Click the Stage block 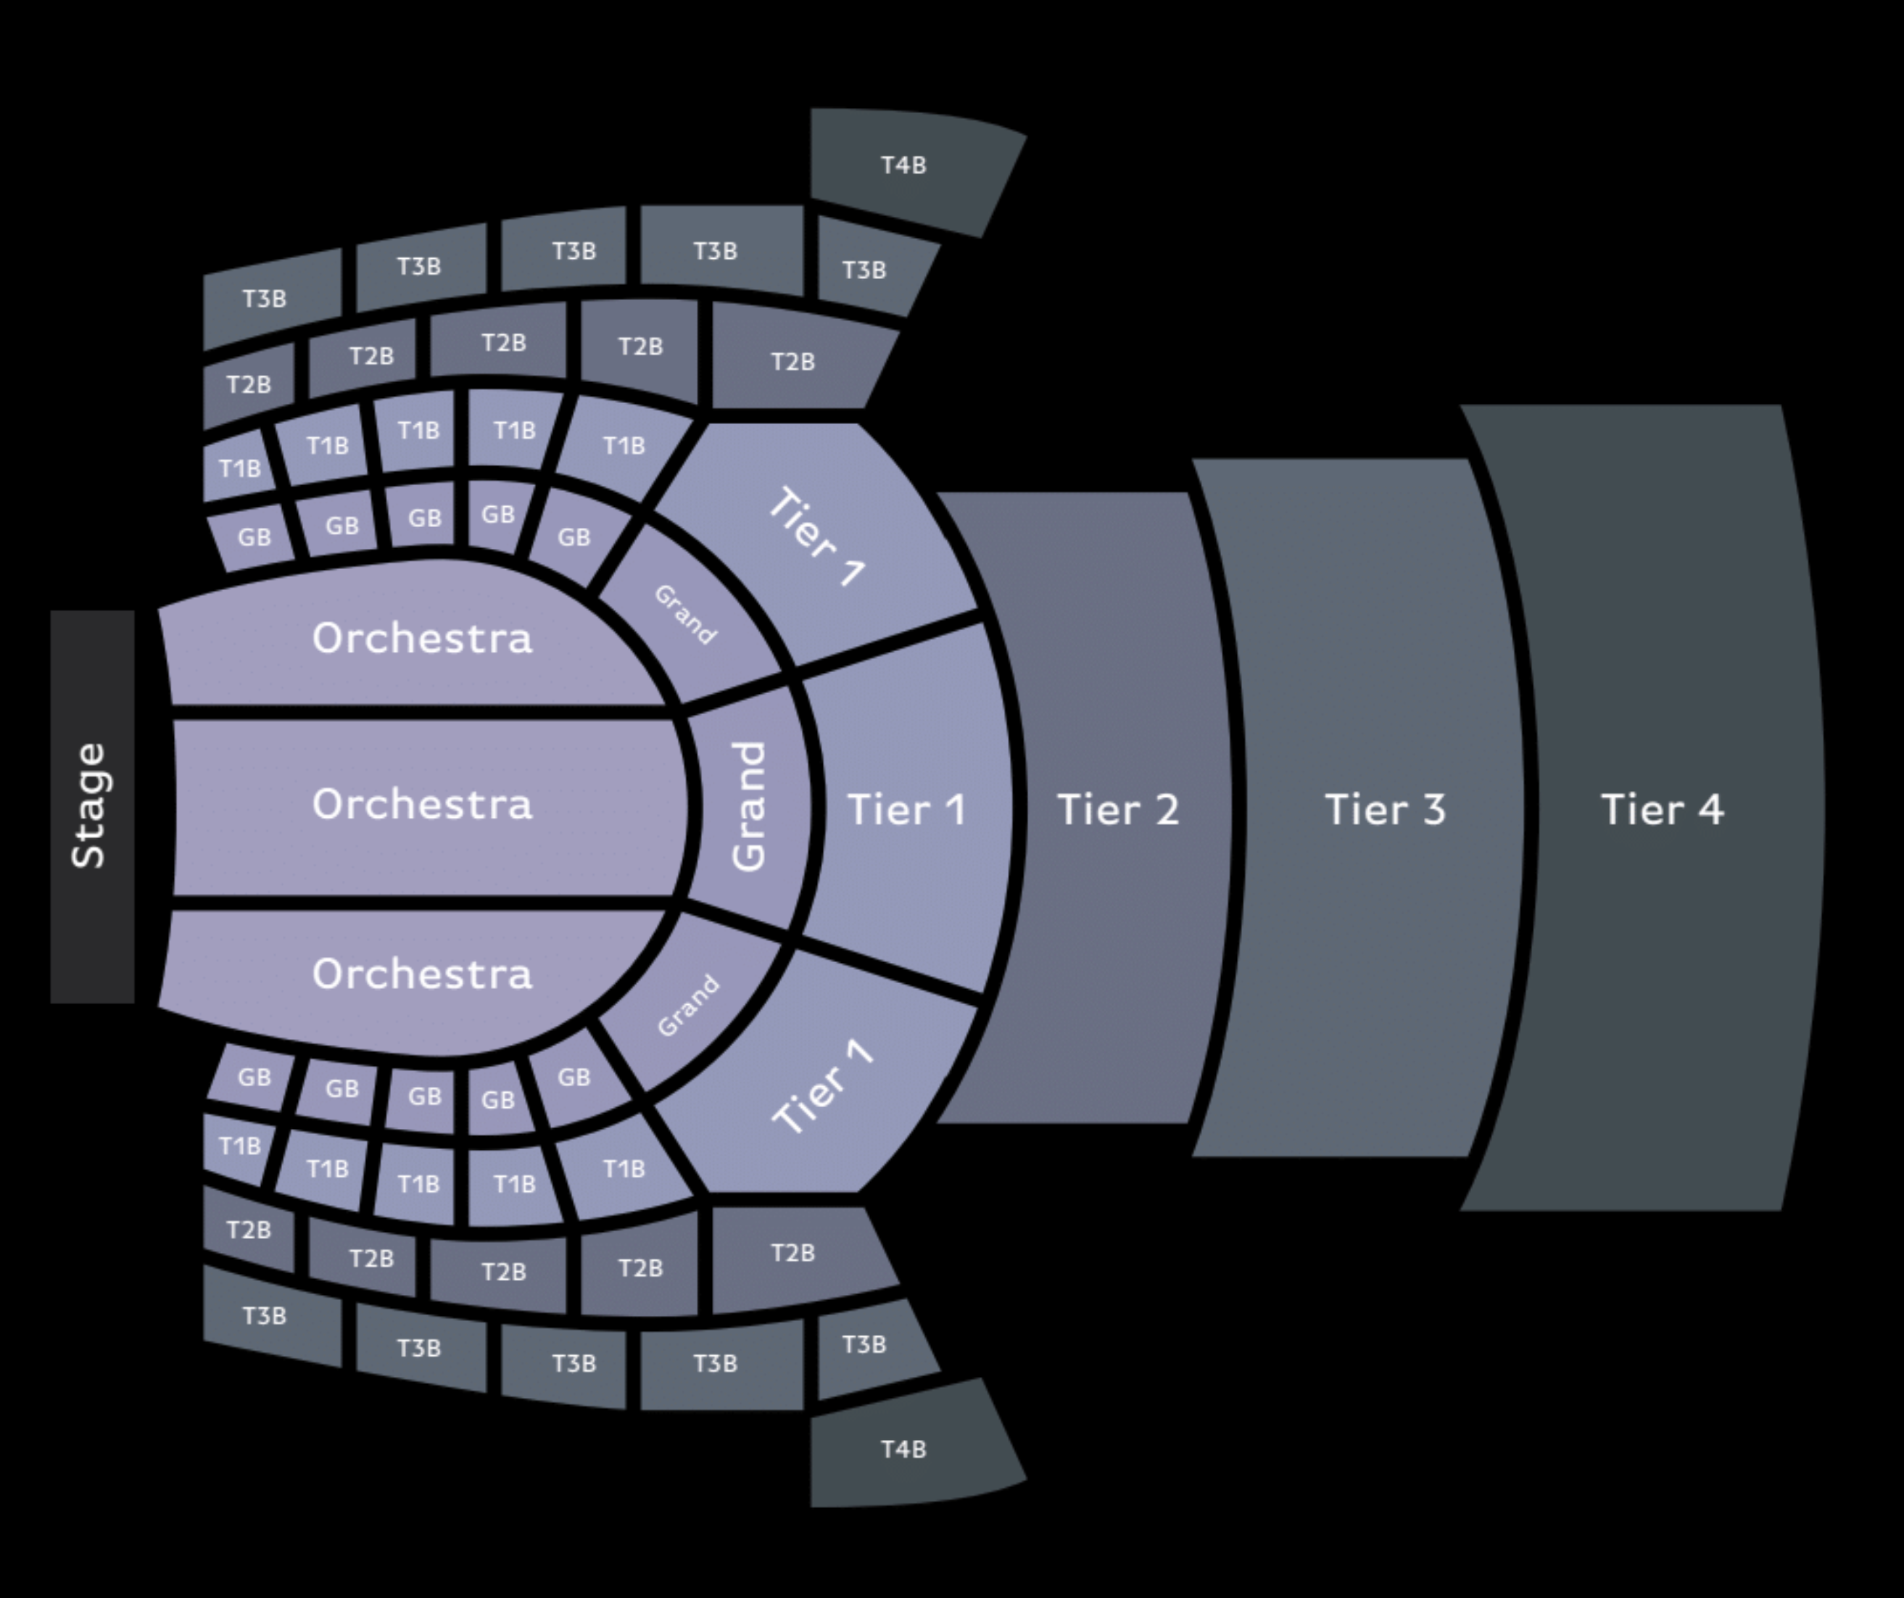pyautogui.click(x=93, y=807)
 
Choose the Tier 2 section pyautogui.click(x=1088, y=808)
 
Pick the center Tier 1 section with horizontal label pyautogui.click(x=906, y=808)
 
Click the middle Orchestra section pyautogui.click(x=426, y=808)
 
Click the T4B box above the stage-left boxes pyautogui.click(x=906, y=167)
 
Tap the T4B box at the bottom pyautogui.click(x=906, y=1447)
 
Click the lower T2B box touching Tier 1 pyautogui.click(x=792, y=1255)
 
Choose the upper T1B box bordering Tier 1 pyautogui.click(x=624, y=447)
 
